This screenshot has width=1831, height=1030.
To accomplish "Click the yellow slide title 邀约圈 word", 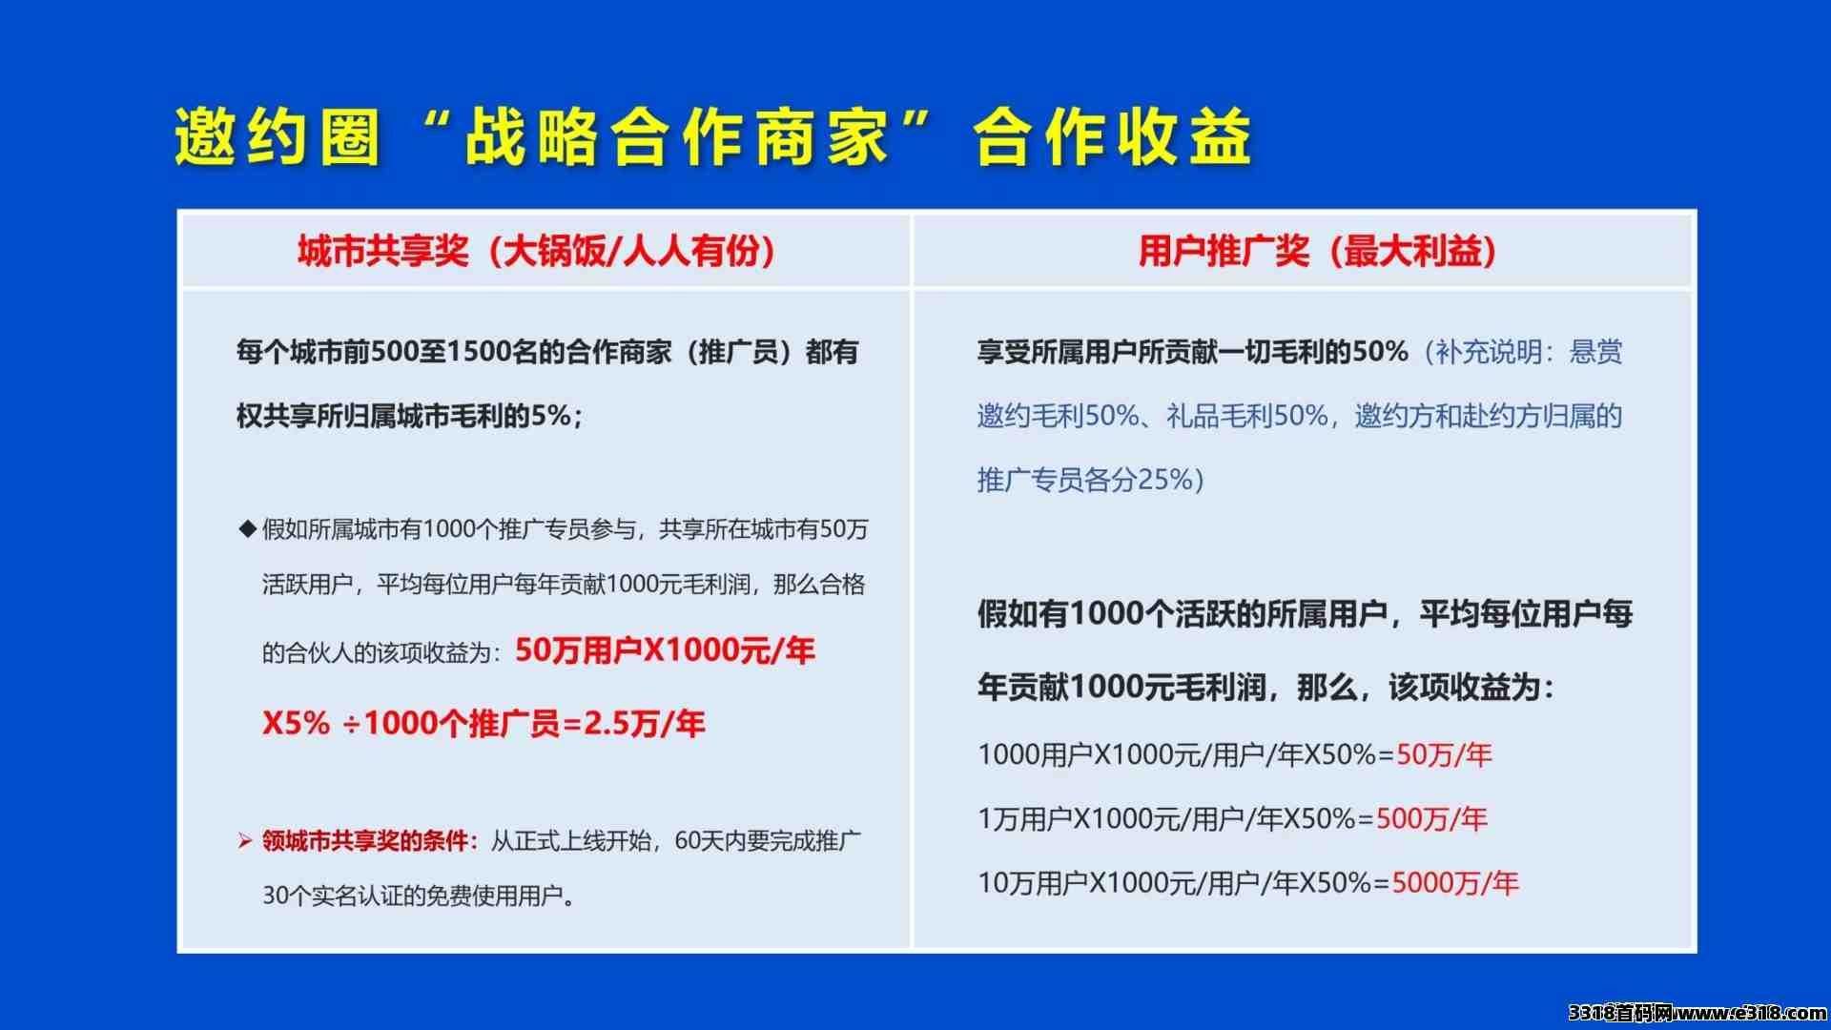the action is point(278,136).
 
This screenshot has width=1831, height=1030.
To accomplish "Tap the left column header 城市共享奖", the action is point(383,251).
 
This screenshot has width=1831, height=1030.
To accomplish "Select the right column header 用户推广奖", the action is point(1224,251).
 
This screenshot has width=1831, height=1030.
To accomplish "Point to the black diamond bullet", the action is point(248,528).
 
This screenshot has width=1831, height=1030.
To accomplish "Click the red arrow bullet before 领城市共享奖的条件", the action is point(245,841).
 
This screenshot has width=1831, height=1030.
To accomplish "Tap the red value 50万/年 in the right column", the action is point(1444,755).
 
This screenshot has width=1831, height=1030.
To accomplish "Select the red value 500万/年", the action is point(1431,819).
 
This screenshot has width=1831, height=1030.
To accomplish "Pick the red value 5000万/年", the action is point(1455,883).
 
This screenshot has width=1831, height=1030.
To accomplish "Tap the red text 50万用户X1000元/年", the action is point(665,650).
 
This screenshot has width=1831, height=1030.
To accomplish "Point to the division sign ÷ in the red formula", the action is point(351,725).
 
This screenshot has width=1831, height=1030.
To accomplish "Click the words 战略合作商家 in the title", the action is point(677,136).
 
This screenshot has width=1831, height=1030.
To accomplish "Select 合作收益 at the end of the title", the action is point(1112,136).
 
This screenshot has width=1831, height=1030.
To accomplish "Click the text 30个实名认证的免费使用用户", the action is point(413,896).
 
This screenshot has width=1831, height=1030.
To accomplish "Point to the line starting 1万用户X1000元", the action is point(1232,819).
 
